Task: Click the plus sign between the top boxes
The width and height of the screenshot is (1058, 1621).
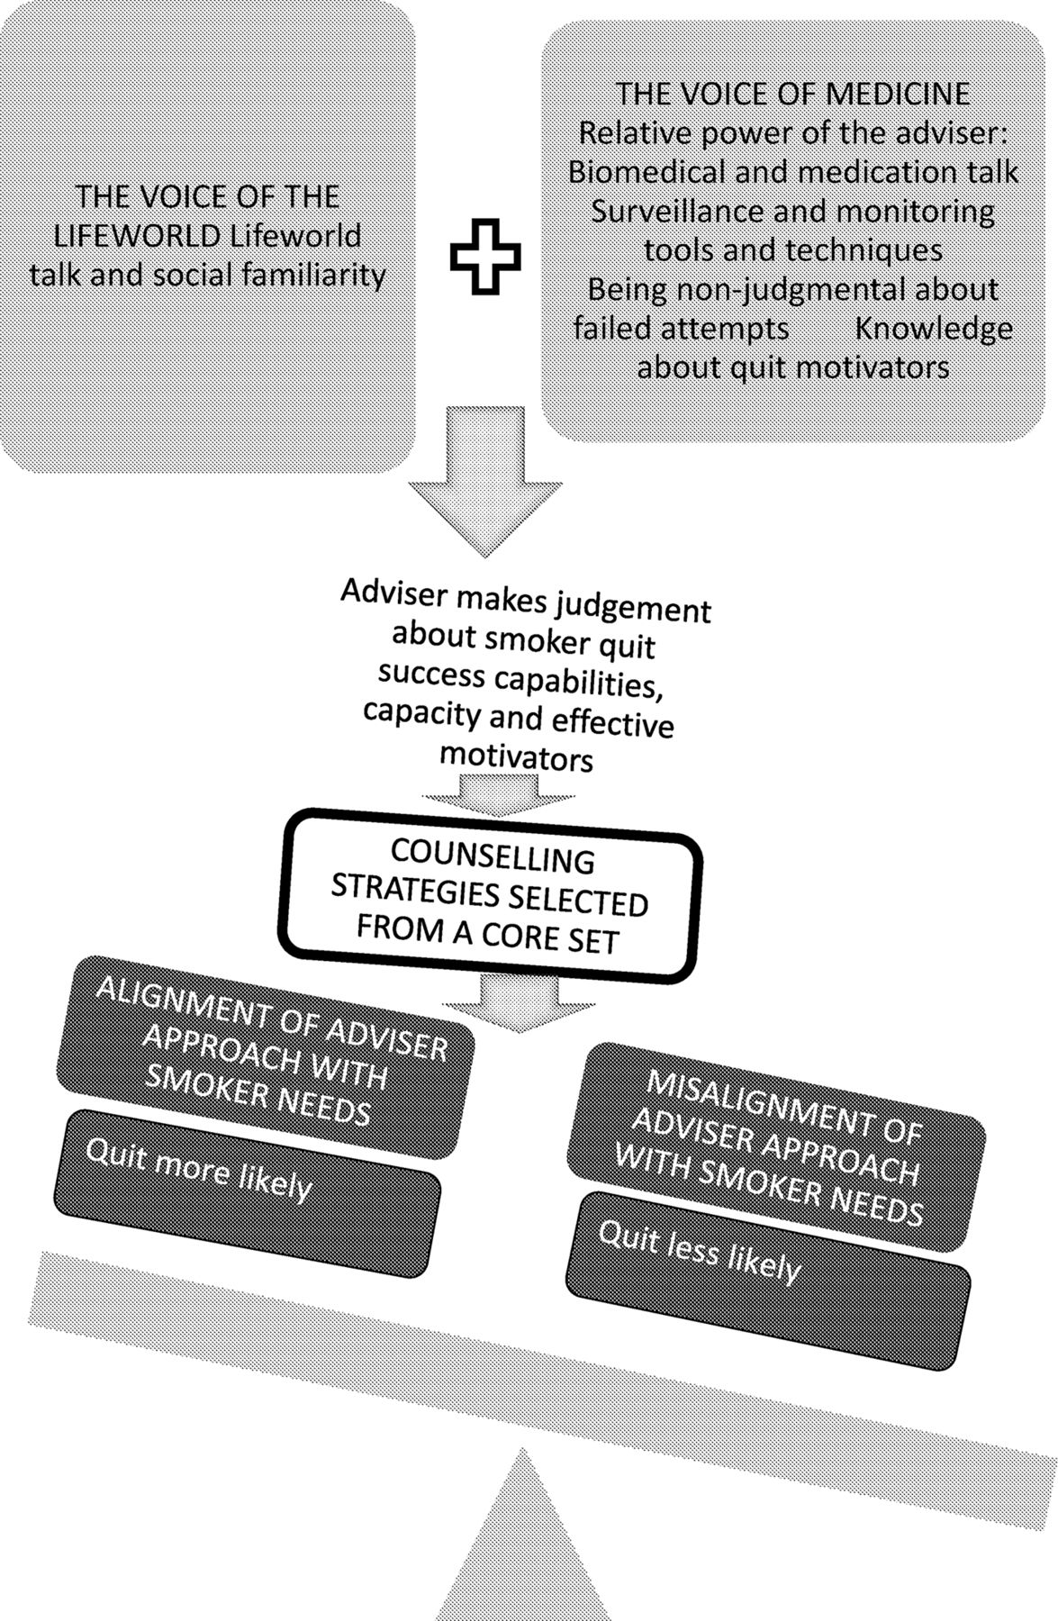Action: pyautogui.click(x=485, y=256)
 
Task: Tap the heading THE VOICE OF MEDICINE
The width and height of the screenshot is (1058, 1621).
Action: pyautogui.click(x=793, y=94)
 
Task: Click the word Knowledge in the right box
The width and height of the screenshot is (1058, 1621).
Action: pyautogui.click(x=934, y=329)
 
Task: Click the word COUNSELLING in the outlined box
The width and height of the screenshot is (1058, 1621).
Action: pyautogui.click(x=493, y=857)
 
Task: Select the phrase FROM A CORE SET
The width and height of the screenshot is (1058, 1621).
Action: pyautogui.click(x=487, y=933)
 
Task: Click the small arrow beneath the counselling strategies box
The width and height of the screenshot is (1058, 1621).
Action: pyautogui.click(x=520, y=1001)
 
